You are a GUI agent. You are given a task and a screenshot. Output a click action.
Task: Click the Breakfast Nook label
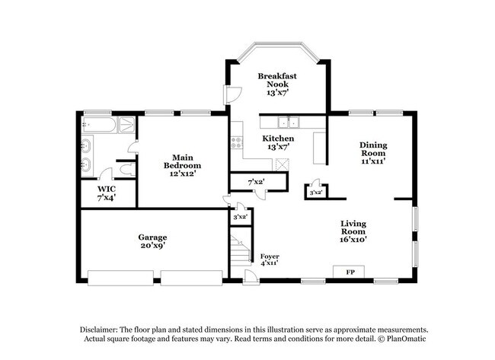click(276, 84)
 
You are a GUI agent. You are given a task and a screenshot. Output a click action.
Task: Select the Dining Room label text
click(373, 152)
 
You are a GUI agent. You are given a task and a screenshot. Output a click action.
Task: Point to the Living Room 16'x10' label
click(353, 231)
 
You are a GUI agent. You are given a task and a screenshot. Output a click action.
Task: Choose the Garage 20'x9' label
click(152, 241)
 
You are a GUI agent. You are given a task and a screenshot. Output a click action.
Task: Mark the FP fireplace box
click(350, 272)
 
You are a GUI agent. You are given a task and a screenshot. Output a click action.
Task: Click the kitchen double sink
click(288, 122)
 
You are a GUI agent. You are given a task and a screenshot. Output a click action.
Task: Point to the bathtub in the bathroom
click(99, 125)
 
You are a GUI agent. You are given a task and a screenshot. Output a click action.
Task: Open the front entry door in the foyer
click(249, 276)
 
